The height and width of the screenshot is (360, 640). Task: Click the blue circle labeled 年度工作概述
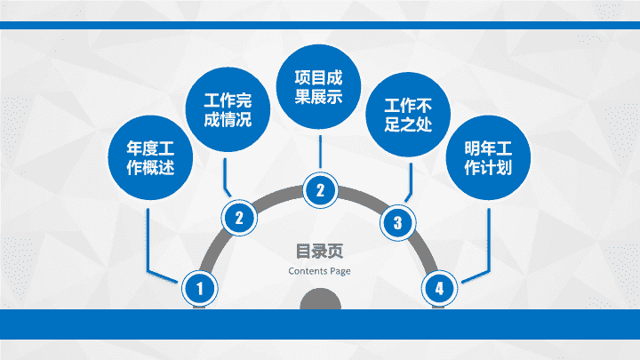point(150,157)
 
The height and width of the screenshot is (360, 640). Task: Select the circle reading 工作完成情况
point(228,110)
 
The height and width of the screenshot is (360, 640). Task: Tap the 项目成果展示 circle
point(318,86)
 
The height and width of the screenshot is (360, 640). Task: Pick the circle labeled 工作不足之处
point(408,115)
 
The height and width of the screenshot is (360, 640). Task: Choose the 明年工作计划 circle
point(488,157)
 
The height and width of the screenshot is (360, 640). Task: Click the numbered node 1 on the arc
point(200,289)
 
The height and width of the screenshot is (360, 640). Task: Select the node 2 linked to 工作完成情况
point(239,218)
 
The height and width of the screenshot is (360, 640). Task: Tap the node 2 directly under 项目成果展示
point(320,190)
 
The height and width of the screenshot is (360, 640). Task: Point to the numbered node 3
point(398,223)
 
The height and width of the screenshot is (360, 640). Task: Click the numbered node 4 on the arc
point(439,289)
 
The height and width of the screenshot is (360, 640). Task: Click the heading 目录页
point(320,251)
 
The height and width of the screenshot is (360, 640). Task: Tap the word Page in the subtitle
point(340,271)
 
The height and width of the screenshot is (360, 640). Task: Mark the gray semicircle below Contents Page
point(320,300)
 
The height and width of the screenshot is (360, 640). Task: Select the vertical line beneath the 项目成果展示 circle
point(320,152)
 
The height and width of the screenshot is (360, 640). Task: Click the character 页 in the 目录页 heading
point(336,251)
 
